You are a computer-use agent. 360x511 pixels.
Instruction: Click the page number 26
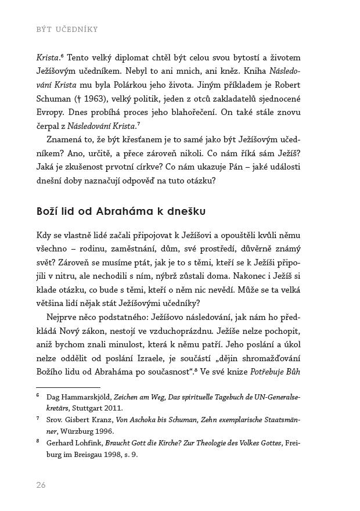(41, 485)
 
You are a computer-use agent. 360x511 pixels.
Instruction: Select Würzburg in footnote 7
(79, 431)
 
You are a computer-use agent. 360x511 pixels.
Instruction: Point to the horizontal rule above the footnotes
(68, 387)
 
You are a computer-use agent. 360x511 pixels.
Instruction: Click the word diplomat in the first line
(135, 58)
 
